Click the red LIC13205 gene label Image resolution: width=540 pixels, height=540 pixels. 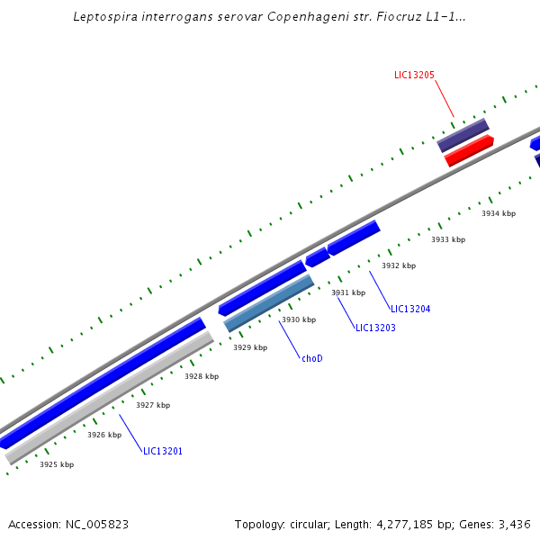(x=414, y=75)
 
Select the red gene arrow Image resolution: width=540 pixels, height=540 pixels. (x=469, y=151)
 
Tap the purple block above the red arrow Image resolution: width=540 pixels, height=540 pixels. (x=463, y=134)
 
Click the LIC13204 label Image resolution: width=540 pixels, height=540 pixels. (x=410, y=310)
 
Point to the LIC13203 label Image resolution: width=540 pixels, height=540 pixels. (x=375, y=328)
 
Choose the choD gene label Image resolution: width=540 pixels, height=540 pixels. (x=311, y=358)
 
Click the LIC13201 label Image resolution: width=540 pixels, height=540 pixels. (x=163, y=451)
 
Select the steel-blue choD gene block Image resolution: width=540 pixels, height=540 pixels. (x=268, y=303)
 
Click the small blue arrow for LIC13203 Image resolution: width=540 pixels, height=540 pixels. (x=317, y=257)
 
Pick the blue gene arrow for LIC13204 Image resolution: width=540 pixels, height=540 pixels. (x=353, y=238)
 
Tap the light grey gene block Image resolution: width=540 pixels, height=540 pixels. (x=108, y=398)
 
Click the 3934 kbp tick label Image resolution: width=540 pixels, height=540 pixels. (x=499, y=213)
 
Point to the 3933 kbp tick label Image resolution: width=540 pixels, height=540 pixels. (x=448, y=239)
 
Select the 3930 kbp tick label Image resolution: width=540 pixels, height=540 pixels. (x=299, y=319)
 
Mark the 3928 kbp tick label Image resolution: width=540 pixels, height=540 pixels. (x=202, y=376)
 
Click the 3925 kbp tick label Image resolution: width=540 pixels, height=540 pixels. (x=57, y=464)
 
